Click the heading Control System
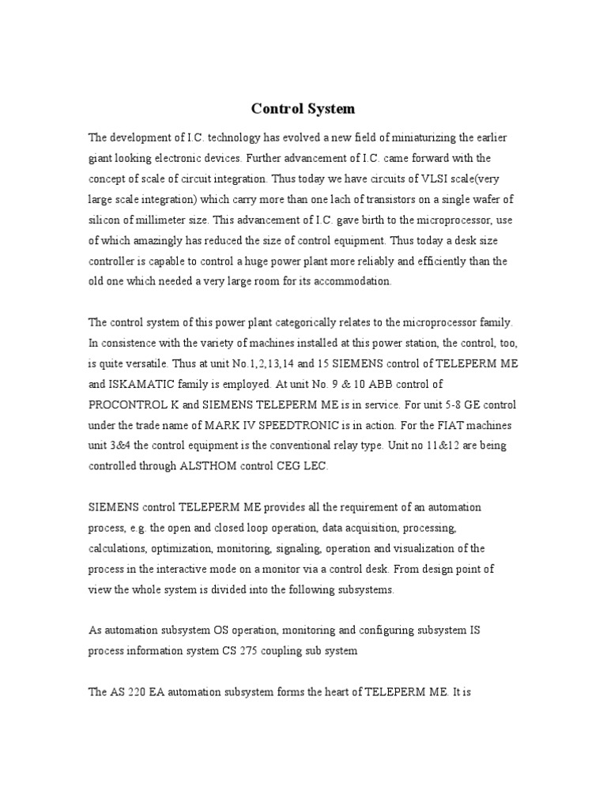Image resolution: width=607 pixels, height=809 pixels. click(303, 109)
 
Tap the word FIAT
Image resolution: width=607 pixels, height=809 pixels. click(466, 425)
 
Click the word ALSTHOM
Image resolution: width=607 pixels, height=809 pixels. click(198, 467)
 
